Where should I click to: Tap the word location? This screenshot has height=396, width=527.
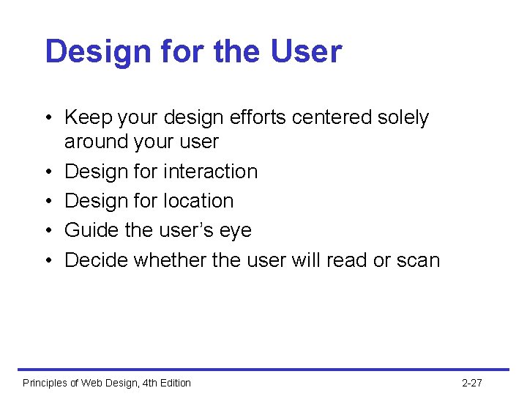tap(198, 200)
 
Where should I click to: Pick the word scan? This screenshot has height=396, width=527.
tap(419, 261)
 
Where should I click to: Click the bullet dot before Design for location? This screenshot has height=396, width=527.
tap(48, 201)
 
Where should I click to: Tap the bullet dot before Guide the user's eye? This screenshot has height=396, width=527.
tap(48, 231)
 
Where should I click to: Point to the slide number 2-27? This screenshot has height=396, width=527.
tap(472, 383)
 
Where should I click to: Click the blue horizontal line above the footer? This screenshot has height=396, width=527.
tap(263, 369)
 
